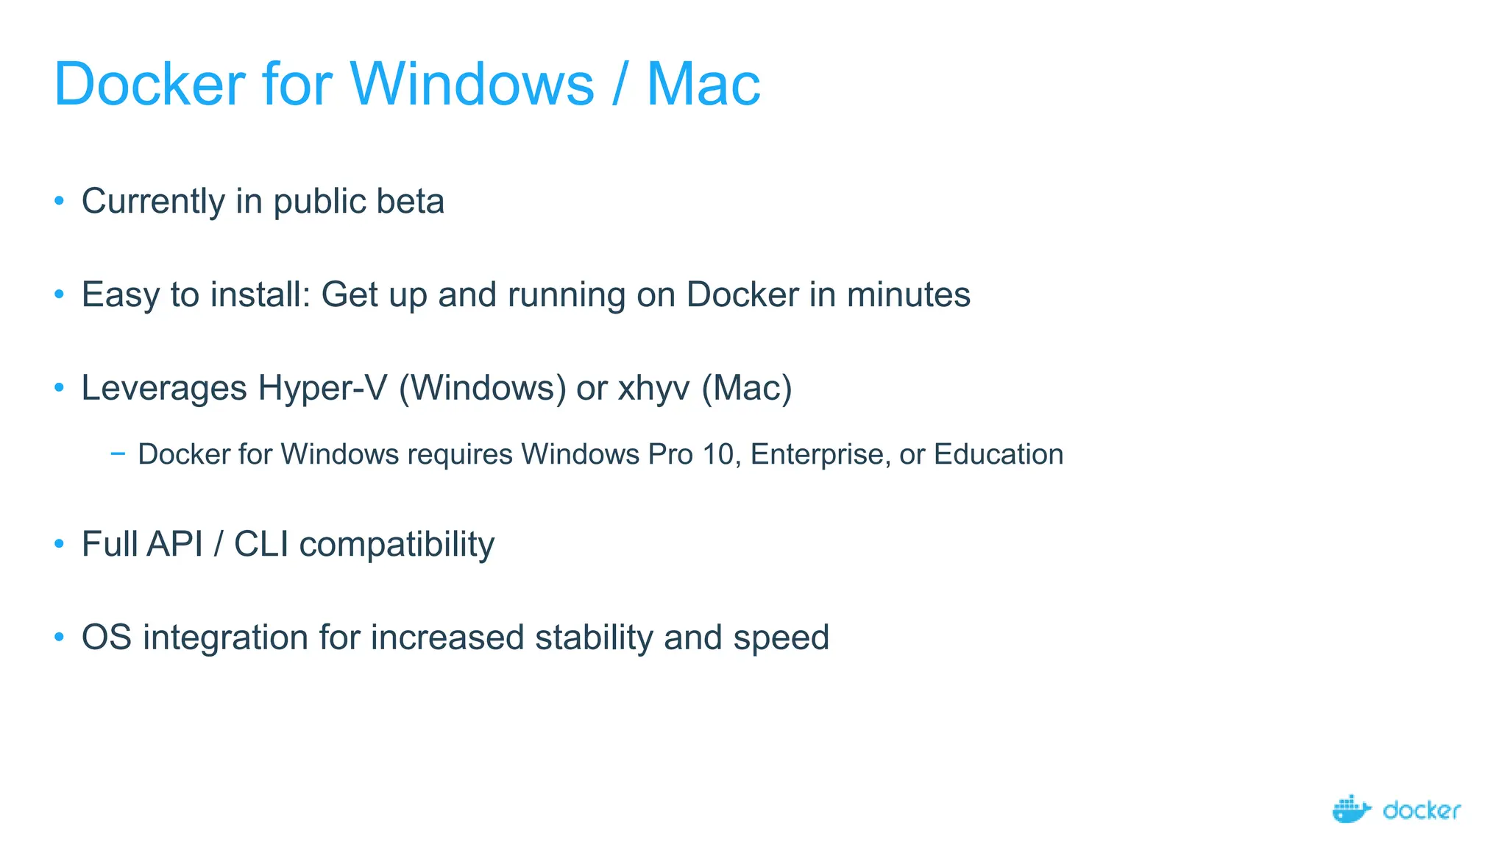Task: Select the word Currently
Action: [153, 202]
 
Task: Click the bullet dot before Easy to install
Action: [60, 294]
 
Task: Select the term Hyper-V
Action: [322, 389]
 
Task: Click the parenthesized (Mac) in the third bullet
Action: [746, 389]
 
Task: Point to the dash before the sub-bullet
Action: [117, 453]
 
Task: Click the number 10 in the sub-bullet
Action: [718, 454]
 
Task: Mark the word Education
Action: [999, 454]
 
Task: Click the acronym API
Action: [174, 545]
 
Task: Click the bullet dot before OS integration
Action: [60, 637]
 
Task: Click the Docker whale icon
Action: [1351, 809]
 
